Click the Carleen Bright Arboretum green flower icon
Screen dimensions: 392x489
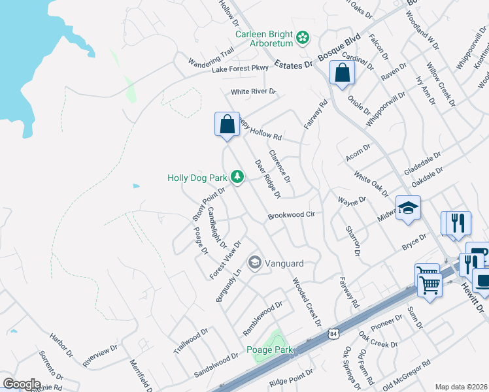(303, 38)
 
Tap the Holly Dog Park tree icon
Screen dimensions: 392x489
(237, 177)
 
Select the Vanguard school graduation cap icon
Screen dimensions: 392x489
(254, 263)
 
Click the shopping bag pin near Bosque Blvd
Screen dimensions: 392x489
(342, 73)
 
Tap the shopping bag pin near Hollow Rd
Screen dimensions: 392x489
(226, 124)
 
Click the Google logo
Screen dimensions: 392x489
(21, 384)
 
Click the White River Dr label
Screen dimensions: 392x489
(254, 92)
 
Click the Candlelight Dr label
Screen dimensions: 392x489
(216, 228)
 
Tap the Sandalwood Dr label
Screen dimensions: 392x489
(216, 367)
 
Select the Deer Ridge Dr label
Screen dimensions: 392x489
(267, 179)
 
